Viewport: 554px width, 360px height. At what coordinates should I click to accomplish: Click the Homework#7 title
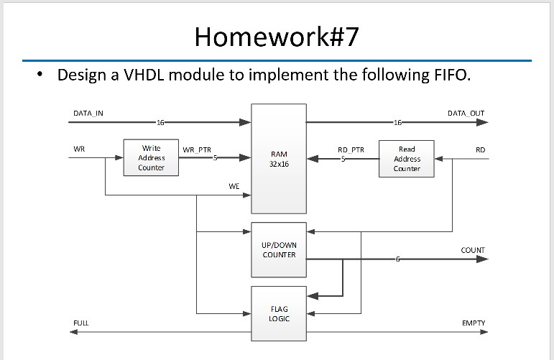click(276, 37)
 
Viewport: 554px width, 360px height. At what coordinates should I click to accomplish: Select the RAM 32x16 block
click(279, 158)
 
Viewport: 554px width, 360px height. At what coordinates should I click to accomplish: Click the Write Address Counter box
click(151, 158)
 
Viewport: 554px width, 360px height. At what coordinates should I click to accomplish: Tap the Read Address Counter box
click(407, 159)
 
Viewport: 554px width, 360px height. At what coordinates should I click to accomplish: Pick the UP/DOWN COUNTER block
click(279, 249)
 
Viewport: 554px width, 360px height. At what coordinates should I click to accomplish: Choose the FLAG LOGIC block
click(279, 313)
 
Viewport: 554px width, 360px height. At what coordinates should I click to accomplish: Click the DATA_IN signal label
click(88, 114)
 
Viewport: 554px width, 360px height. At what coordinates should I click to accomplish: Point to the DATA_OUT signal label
click(466, 114)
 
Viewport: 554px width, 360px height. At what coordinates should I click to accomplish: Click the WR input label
click(78, 149)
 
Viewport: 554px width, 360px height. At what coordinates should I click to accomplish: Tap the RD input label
click(480, 149)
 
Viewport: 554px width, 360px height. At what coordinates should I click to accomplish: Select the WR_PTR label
click(196, 150)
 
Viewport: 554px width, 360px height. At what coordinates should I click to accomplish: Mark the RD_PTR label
click(351, 150)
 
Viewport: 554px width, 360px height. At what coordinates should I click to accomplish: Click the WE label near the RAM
click(234, 186)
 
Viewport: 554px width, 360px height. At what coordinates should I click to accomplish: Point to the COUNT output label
click(472, 250)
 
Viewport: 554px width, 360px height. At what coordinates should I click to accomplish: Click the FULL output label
click(80, 323)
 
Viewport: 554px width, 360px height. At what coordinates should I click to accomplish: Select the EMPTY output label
click(473, 323)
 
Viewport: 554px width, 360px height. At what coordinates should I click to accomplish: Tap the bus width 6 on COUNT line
click(396, 259)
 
